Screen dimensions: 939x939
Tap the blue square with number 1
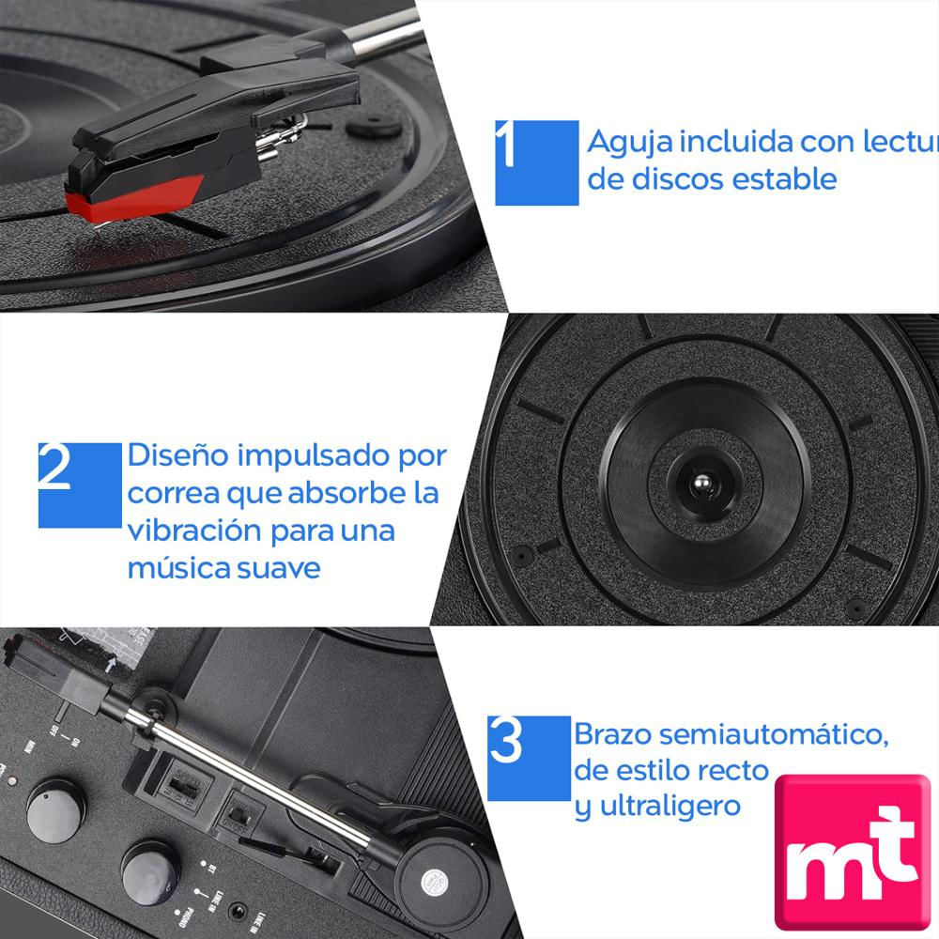(536, 162)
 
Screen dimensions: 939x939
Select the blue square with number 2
(80, 485)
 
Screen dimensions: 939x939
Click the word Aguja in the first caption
(628, 144)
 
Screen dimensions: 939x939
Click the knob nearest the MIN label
(56, 808)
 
